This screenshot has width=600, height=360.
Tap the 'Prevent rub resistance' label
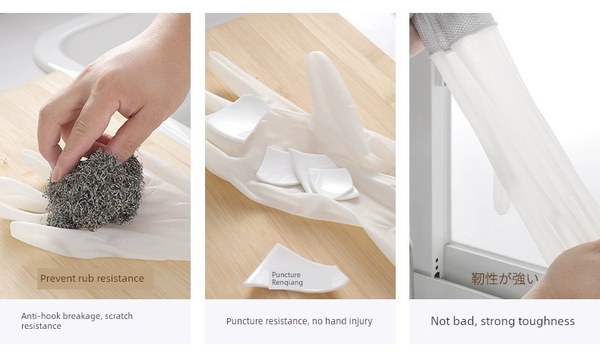pos(92,279)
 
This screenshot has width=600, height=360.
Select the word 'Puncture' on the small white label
pos(286,275)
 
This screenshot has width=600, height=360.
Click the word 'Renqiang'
pos(287,283)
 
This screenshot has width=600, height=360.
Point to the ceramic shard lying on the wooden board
pos(295,268)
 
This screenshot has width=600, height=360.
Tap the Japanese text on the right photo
pos(504,278)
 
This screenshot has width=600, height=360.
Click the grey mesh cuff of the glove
pos(453,33)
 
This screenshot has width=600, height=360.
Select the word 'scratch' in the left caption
pos(118,316)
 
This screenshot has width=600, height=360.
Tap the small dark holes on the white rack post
pos(437,267)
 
